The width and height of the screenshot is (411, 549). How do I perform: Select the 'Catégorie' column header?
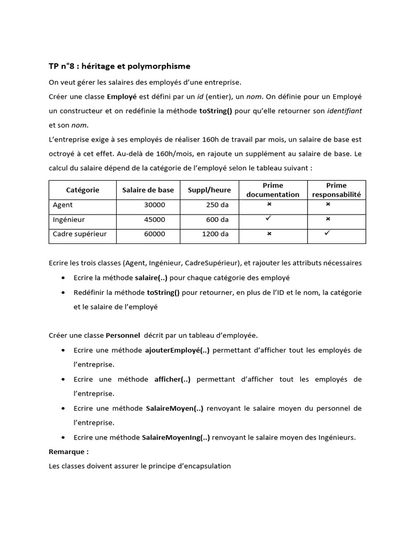click(x=82, y=190)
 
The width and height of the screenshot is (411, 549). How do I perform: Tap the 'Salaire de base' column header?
click(x=148, y=190)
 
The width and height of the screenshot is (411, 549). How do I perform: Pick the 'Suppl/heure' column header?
click(x=209, y=190)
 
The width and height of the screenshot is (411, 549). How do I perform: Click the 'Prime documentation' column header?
click(x=272, y=190)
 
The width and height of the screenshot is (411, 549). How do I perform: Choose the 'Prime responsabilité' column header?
click(x=336, y=190)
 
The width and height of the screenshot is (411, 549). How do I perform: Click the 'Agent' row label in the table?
click(x=63, y=205)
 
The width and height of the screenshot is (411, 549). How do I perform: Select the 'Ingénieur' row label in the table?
click(x=68, y=219)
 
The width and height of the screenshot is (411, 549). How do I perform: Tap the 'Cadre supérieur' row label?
click(x=80, y=234)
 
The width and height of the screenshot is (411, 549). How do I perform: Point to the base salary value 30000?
click(x=154, y=205)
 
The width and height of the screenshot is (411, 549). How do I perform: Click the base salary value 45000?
click(x=154, y=219)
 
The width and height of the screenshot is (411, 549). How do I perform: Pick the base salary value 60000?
click(x=154, y=234)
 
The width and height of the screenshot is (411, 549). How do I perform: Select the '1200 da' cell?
click(x=215, y=234)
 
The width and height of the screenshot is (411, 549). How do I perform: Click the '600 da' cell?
click(x=217, y=219)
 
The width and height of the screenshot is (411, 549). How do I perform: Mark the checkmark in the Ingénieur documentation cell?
click(x=269, y=219)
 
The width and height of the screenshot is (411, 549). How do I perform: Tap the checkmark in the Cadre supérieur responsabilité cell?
click(x=328, y=233)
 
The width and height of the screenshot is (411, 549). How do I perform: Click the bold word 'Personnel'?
click(x=123, y=335)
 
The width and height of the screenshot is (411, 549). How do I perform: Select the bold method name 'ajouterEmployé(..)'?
click(x=177, y=350)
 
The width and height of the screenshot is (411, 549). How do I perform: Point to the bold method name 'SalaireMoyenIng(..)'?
click(x=176, y=437)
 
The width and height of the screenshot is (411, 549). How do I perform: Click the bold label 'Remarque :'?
click(x=68, y=451)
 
